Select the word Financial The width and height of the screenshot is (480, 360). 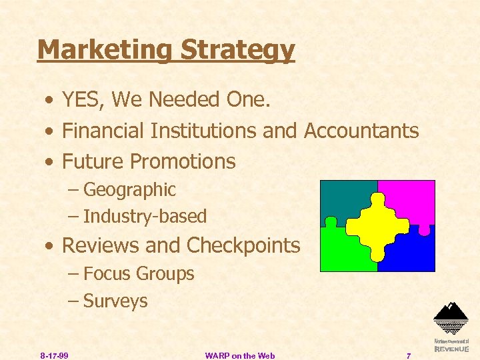(x=103, y=131)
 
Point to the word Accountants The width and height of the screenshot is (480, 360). (x=361, y=131)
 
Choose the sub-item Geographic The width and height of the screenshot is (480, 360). (x=129, y=190)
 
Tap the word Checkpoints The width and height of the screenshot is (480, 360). (x=243, y=245)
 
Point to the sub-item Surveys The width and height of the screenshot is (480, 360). (x=115, y=301)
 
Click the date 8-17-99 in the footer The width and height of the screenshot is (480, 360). (x=54, y=355)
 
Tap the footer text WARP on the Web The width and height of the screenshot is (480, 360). (x=240, y=355)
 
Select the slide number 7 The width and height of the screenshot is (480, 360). (x=409, y=355)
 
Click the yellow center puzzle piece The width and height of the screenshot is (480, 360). (x=377, y=226)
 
